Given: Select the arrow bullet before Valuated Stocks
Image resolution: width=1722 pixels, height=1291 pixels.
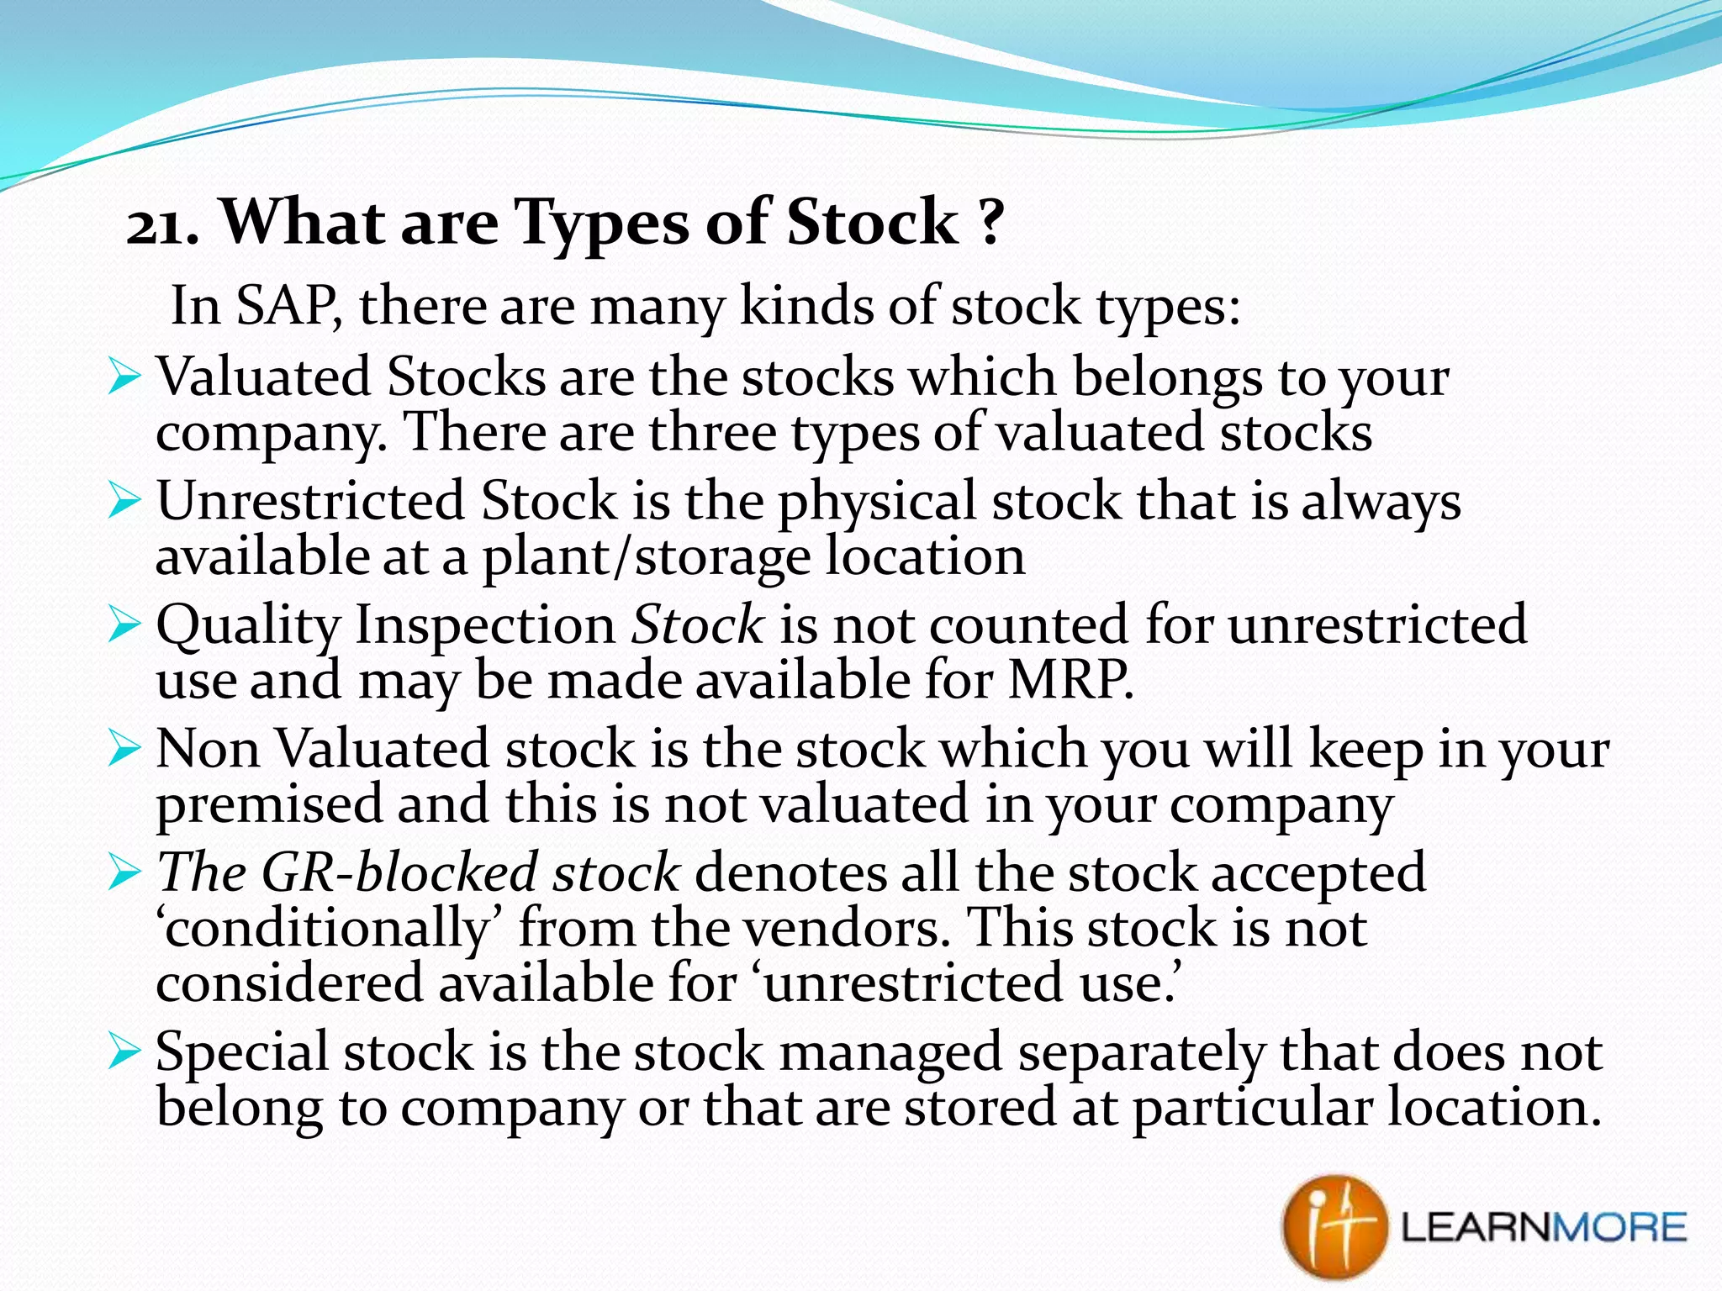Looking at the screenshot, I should point(124,377).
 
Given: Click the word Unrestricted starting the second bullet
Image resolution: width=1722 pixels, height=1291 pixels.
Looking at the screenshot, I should point(309,501).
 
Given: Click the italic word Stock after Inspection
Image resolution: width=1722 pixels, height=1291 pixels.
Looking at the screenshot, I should point(697,624).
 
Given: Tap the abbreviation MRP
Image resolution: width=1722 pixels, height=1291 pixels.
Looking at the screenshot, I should point(1070,680).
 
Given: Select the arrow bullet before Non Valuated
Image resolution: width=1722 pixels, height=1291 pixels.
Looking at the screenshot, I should point(124,748).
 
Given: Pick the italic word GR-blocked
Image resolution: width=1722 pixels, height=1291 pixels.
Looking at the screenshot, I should point(399,872).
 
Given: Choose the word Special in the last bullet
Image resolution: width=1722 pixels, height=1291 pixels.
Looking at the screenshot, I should point(242,1051).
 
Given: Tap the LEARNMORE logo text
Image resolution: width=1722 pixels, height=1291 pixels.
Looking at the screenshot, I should point(1544,1228).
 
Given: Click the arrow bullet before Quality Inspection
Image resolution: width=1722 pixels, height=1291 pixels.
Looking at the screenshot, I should point(124,625).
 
